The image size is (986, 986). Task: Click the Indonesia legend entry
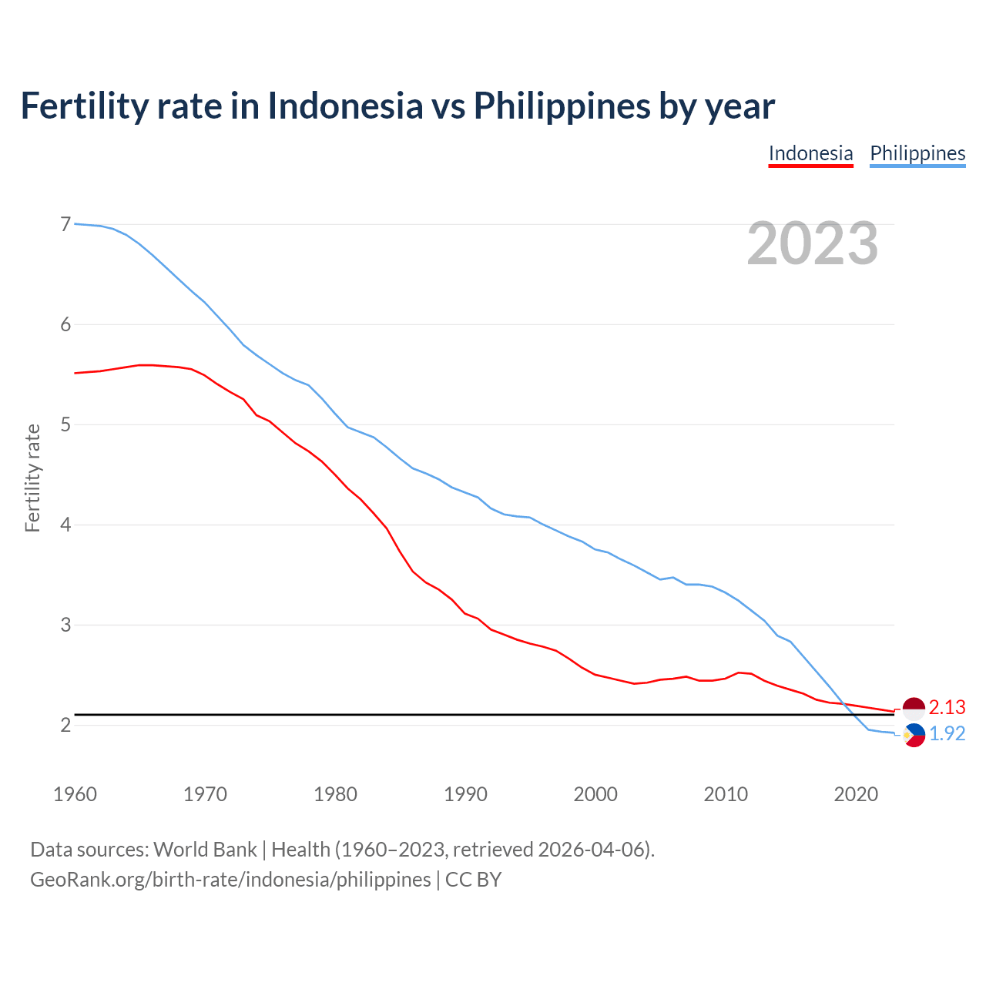pyautogui.click(x=810, y=154)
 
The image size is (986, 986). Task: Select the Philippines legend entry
pyautogui.click(x=917, y=154)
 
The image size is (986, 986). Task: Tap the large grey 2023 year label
pyautogui.click(x=813, y=243)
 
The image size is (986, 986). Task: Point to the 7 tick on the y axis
pyautogui.click(x=65, y=224)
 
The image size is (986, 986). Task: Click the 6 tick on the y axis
pyautogui.click(x=65, y=324)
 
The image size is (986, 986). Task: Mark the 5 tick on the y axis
pyautogui.click(x=65, y=424)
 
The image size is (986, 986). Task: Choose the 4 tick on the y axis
pyautogui.click(x=65, y=525)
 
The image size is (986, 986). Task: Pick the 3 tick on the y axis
pyautogui.click(x=65, y=625)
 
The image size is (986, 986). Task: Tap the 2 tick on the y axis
pyautogui.click(x=65, y=725)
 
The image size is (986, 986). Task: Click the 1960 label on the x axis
pyautogui.click(x=75, y=794)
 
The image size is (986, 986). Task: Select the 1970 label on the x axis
pyautogui.click(x=205, y=794)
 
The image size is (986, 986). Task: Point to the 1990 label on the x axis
pyautogui.click(x=465, y=794)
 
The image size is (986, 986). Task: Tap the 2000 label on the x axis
pyautogui.click(x=595, y=794)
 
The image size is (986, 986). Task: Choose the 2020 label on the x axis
pyautogui.click(x=856, y=794)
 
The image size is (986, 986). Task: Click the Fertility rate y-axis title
pyautogui.click(x=32, y=478)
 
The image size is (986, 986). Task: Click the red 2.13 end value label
pyautogui.click(x=947, y=707)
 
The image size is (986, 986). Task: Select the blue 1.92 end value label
pyautogui.click(x=947, y=734)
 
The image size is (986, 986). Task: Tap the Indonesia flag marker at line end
pyautogui.click(x=914, y=708)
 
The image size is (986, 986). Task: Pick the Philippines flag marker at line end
pyautogui.click(x=914, y=736)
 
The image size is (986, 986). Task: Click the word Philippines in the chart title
pyautogui.click(x=562, y=106)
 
